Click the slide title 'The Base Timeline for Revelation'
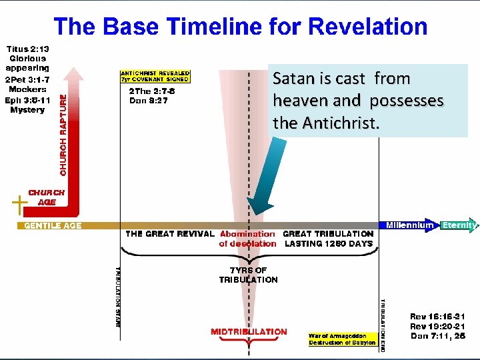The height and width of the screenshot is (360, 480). (240, 27)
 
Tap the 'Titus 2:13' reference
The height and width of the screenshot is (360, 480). (28, 49)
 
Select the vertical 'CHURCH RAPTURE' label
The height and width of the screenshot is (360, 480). (64, 134)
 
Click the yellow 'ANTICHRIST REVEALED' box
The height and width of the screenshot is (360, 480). (155, 77)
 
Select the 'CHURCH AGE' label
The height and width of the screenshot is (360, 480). (47, 197)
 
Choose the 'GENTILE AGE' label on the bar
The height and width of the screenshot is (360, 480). (53, 226)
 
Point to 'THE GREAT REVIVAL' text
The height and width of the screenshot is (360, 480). (170, 234)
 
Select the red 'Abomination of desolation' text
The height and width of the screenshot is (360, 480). (247, 239)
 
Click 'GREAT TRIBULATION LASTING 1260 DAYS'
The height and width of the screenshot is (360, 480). (328, 239)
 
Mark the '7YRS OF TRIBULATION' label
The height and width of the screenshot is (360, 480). (248, 275)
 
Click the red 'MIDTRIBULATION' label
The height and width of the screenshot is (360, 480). (249, 331)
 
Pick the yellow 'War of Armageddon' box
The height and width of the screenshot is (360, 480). (342, 339)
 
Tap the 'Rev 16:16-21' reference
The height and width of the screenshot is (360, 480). (438, 317)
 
